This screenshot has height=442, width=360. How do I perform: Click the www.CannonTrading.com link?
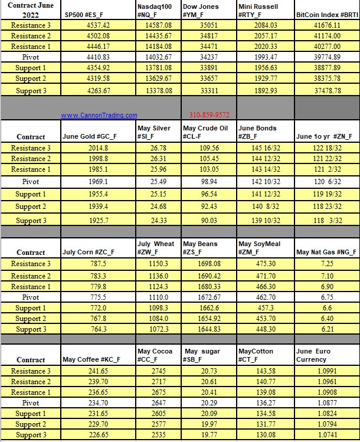[x=99, y=115]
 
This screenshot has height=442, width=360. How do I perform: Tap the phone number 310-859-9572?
[x=209, y=115]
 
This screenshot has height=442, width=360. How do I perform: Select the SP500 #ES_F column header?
[x=84, y=14]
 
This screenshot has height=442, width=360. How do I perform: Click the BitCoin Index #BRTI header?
[x=327, y=14]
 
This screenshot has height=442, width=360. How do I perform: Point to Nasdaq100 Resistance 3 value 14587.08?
[x=158, y=25]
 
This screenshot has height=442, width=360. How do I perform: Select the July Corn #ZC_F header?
[x=89, y=252]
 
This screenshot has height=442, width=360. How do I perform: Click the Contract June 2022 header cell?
[x=31, y=10]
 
